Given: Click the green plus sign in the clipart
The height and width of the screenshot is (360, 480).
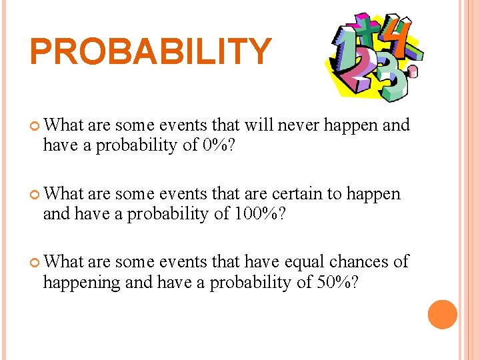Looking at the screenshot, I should click(365, 30).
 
